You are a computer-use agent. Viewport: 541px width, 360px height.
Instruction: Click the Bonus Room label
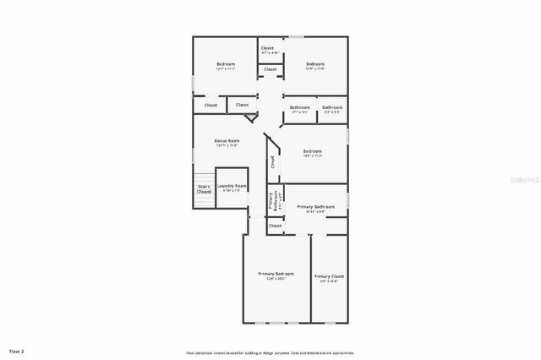pos(227,140)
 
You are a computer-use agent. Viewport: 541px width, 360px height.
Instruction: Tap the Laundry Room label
pos(232,185)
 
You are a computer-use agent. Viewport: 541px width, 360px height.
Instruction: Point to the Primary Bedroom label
pos(276,274)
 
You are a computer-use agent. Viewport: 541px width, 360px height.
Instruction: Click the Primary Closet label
pos(329,276)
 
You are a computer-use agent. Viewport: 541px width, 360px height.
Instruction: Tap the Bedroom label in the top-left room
pos(225,64)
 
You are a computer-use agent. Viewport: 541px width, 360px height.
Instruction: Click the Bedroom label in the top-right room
pos(315,64)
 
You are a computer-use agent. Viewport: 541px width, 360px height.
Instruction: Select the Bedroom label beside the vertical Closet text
pos(312,151)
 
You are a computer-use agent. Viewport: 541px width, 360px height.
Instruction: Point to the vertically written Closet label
pos(272,163)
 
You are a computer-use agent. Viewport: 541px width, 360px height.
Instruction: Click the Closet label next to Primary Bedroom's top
pos(276,226)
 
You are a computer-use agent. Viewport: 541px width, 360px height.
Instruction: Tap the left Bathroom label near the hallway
pos(300,107)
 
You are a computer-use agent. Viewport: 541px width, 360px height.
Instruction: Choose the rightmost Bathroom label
pos(332,107)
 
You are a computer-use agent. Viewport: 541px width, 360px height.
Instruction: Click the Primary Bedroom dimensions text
pos(276,279)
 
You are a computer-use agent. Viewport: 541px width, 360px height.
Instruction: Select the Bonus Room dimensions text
pos(227,145)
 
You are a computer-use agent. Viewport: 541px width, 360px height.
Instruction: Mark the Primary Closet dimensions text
pos(329,281)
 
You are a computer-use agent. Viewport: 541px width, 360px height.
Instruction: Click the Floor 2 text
pos(17,350)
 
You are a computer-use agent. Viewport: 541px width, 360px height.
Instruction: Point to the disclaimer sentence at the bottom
pos(270,352)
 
